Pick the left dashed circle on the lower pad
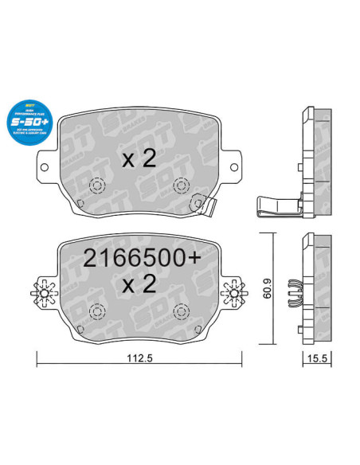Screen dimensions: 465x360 pos(98,310)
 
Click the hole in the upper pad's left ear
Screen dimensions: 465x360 pos(45,167)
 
